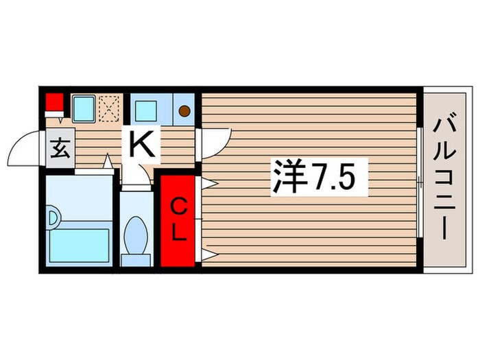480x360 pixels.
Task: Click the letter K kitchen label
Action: click(141, 144)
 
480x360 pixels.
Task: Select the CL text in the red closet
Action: click(178, 218)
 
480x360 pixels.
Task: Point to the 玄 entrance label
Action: click(60, 147)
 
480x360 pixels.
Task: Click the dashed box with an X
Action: click(108, 107)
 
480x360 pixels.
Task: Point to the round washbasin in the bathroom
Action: click(53, 219)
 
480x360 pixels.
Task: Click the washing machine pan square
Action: click(84, 107)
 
